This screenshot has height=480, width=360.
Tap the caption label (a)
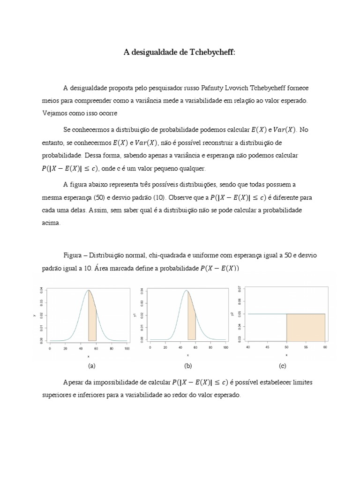point(91,366)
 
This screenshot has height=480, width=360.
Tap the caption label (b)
point(188,366)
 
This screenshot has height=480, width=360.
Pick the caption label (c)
point(282,366)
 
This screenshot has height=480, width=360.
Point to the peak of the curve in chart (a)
point(88,290)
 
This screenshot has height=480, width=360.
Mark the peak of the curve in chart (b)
point(187,290)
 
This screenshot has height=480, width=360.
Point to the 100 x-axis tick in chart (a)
point(127,349)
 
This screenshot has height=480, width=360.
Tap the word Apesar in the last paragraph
point(74,382)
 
